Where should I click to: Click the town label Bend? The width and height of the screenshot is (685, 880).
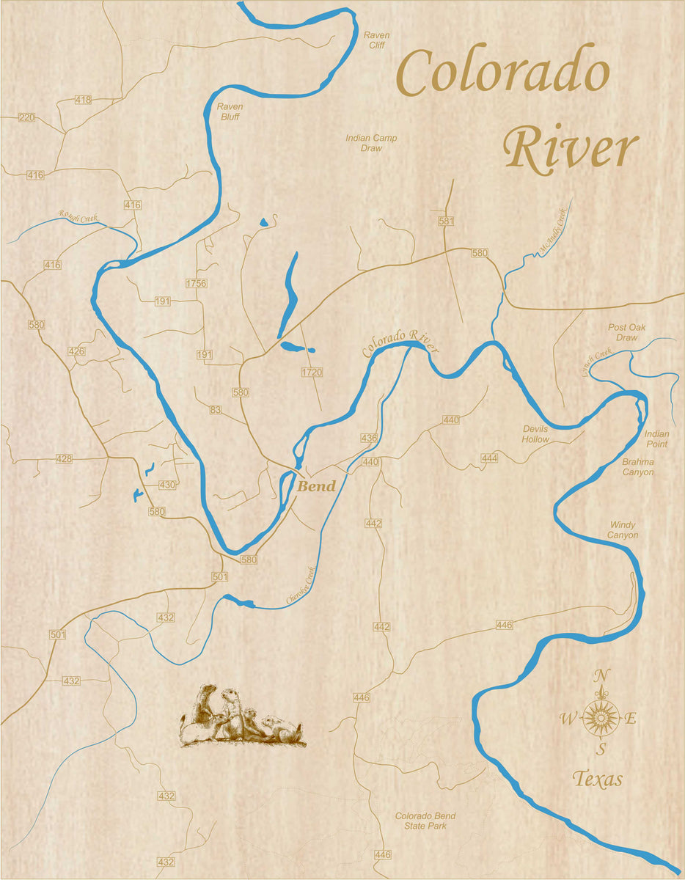pos(316,486)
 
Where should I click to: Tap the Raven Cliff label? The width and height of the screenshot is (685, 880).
pos(377,40)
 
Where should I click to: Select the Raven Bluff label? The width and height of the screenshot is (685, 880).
pos(230,111)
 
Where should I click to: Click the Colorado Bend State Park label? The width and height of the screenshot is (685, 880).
pos(425,821)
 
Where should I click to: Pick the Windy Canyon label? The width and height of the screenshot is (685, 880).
pos(623,530)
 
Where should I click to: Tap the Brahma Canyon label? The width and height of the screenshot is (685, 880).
pos(637,467)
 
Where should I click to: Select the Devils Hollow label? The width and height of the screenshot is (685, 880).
pos(535,434)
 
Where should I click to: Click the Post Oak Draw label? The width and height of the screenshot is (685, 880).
pos(623,332)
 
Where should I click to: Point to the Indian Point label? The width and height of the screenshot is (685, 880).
pos(656,439)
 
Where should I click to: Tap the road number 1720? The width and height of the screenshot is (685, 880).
pos(312,373)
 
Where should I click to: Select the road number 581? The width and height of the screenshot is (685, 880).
pos(446,221)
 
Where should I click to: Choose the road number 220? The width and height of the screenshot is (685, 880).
pos(26,117)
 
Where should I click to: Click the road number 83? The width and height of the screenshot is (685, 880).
pos(215,409)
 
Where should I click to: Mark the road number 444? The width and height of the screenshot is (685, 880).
pos(489,458)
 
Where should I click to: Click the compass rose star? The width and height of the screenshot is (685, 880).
pos(601,717)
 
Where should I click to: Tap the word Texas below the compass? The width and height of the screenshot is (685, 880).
pos(597,779)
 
